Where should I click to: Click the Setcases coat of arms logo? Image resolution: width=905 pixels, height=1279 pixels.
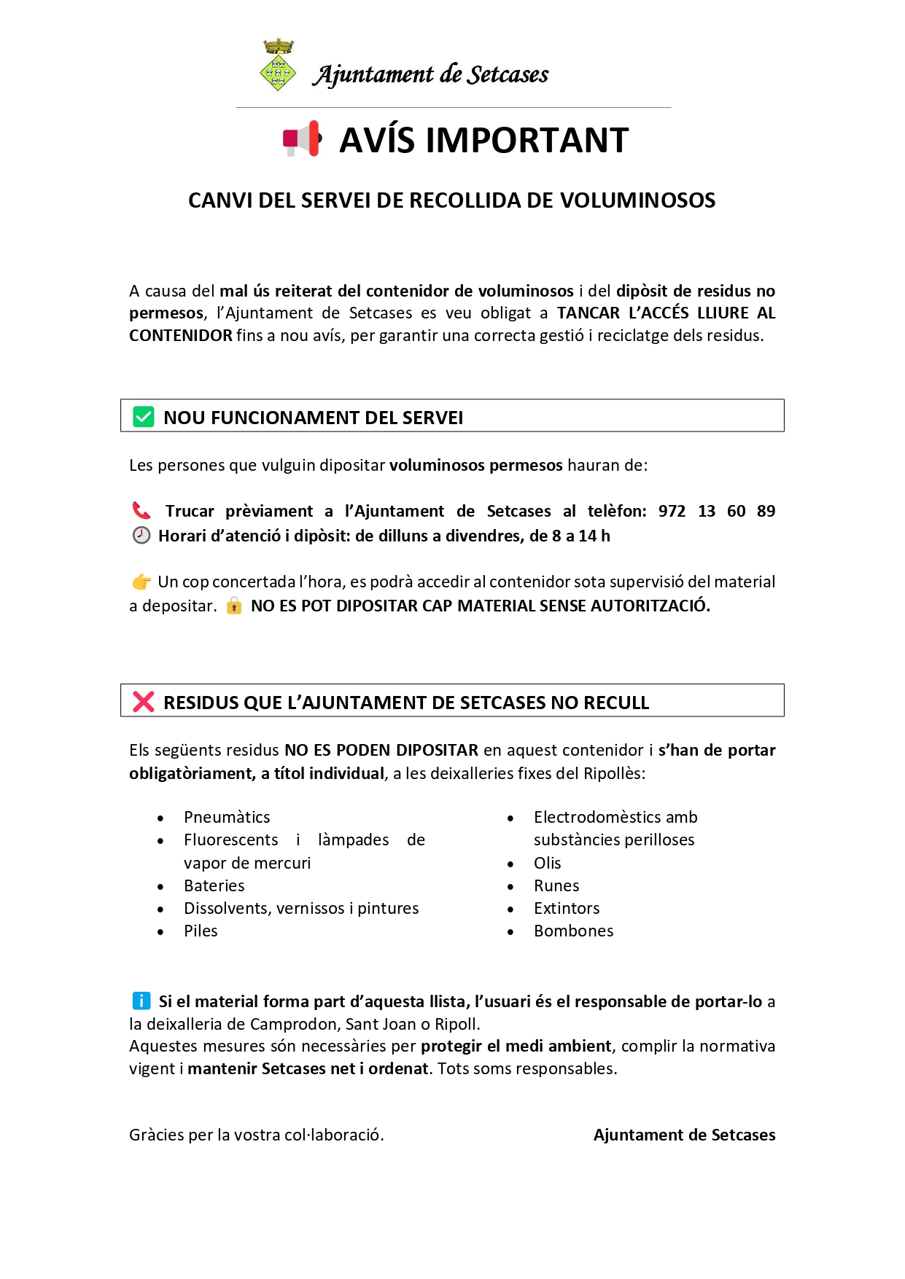pos(278,66)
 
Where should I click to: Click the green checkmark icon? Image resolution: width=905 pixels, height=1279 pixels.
pos(144,417)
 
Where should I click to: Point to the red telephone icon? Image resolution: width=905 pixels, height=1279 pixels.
pos(141,510)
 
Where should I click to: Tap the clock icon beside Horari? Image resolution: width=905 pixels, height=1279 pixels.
pos(141,536)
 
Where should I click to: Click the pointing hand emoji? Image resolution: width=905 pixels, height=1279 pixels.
pos(141,582)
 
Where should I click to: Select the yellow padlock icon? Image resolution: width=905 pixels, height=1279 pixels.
pos(234,606)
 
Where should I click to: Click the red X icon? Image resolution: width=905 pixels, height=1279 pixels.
pos(144,702)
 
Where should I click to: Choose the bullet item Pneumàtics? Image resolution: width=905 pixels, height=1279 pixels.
pos(227,817)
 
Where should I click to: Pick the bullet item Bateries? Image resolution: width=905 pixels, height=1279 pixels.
pos(214,885)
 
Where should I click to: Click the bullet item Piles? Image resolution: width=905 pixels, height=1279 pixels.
pos(201,931)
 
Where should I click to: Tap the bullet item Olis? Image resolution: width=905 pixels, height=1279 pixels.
pos(547,863)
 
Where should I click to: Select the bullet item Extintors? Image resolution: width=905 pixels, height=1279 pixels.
pos(567,908)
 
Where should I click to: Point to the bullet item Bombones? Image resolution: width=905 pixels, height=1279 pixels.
pos(573,931)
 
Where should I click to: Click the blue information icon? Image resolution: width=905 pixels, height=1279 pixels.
pos(141,1001)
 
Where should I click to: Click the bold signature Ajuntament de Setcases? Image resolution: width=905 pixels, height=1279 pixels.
pos(684,1135)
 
